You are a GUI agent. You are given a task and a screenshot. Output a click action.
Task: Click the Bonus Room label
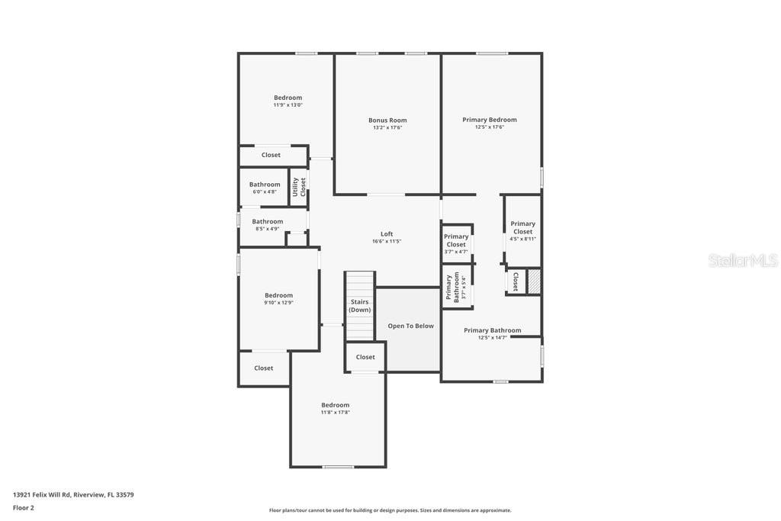click(387, 120)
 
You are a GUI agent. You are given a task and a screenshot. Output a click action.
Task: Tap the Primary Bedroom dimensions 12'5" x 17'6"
click(489, 127)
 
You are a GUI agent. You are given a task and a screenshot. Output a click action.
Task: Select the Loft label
click(387, 234)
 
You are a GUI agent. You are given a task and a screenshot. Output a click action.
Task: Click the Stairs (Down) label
click(360, 306)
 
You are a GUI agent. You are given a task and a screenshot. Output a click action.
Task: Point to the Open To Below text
click(410, 326)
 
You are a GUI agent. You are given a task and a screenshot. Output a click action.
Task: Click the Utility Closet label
click(299, 187)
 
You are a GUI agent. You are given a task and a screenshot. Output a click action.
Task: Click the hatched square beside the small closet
click(535, 281)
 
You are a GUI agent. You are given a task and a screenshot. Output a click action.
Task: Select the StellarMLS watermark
click(743, 261)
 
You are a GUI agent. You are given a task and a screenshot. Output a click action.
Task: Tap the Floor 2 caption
click(24, 507)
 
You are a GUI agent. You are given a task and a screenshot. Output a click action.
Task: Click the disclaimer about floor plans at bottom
click(390, 510)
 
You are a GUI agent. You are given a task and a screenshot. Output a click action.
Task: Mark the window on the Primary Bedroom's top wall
click(492, 53)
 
